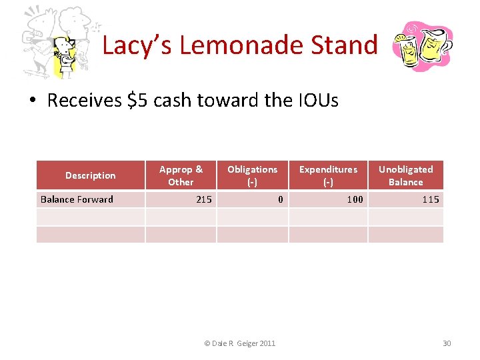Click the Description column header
(x=90, y=175)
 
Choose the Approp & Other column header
(x=181, y=175)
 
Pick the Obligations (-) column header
(x=252, y=175)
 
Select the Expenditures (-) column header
(x=328, y=175)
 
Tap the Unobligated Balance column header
(x=405, y=175)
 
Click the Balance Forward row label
(x=77, y=199)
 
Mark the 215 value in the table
(x=204, y=199)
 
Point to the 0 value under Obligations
(x=281, y=199)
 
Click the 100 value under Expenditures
(x=355, y=199)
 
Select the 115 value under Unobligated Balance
(x=431, y=199)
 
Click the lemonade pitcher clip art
(x=422, y=47)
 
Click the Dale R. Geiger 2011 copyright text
(x=239, y=343)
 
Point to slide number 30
(x=447, y=343)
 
